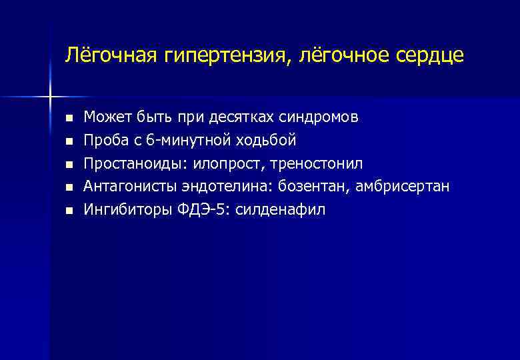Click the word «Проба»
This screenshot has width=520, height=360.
(x=102, y=141)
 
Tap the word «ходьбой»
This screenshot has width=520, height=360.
(x=263, y=141)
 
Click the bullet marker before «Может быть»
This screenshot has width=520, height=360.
(x=67, y=119)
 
